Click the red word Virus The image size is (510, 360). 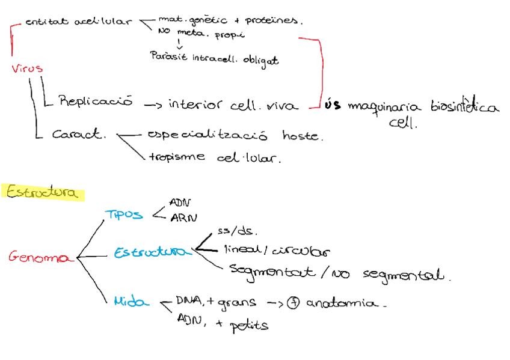[x=27, y=69]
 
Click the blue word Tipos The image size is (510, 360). [x=124, y=215]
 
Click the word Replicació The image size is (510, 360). [x=96, y=102]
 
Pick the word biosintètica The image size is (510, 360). [x=465, y=108]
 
